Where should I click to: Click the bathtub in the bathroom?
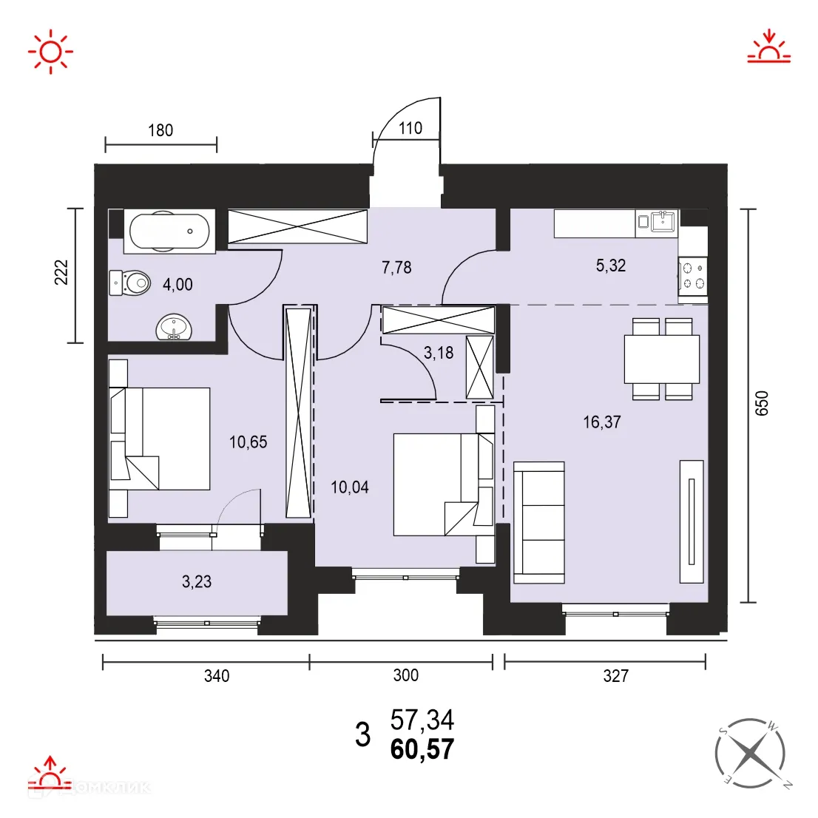(x=169, y=231)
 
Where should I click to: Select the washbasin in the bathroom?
(x=175, y=327)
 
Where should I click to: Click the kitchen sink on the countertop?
(x=663, y=220)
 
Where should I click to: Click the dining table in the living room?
(x=661, y=359)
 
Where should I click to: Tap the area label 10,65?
(x=248, y=442)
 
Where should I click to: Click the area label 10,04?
(x=349, y=487)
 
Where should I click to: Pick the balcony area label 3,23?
(x=197, y=582)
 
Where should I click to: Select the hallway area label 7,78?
(x=396, y=267)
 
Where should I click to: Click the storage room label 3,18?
(x=439, y=353)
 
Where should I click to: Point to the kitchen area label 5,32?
(x=611, y=266)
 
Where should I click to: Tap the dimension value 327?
(x=615, y=675)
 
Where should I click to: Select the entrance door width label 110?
(x=410, y=128)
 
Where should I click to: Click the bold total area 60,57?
(x=422, y=750)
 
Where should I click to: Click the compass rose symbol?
(x=750, y=753)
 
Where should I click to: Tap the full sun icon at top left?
(x=50, y=51)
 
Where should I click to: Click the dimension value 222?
(x=61, y=272)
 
